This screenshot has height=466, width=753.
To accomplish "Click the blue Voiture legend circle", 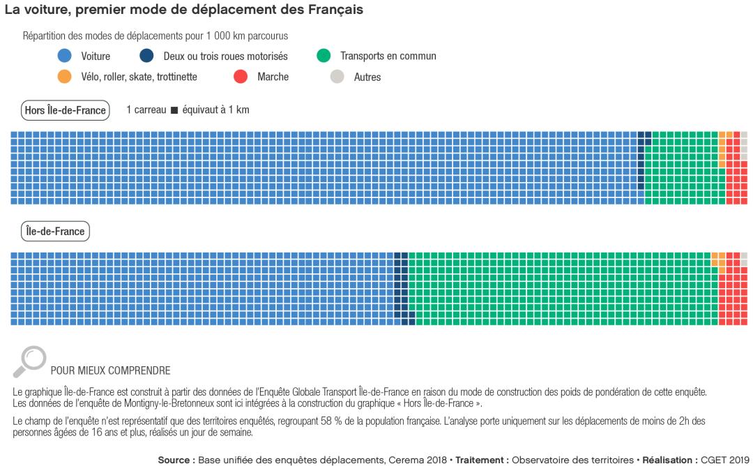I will pos(65,56).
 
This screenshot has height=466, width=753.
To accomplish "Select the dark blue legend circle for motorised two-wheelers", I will pos(146,56).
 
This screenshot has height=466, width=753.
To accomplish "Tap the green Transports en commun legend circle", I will pos(324,56).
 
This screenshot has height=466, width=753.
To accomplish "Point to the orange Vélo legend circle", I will pos(65,77).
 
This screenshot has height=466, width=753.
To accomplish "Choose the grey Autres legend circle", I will pos(337,77).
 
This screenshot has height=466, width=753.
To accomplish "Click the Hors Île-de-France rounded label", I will pos(65,110).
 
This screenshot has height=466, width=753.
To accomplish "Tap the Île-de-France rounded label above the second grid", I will pos(55,232).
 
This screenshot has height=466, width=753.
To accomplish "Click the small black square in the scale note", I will pos(174,110).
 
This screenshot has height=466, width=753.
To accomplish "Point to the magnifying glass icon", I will pos(29,361).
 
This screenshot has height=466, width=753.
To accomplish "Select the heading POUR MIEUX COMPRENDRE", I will pos(110,370).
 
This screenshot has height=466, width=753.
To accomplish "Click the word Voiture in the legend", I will pos(96,57).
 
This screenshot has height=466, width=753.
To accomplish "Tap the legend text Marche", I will pos(273,77).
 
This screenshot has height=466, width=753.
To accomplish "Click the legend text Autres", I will pos(367,77).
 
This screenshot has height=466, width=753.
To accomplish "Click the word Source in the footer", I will pos(174,460).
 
